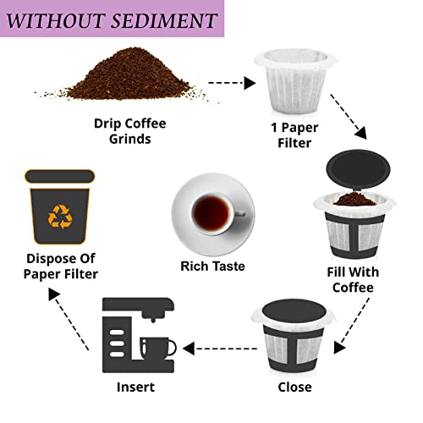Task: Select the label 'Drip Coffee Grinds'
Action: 129,132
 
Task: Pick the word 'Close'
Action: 294,387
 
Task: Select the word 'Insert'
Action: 135,387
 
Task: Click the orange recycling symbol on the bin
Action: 61,217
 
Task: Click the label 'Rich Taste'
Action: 212,266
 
